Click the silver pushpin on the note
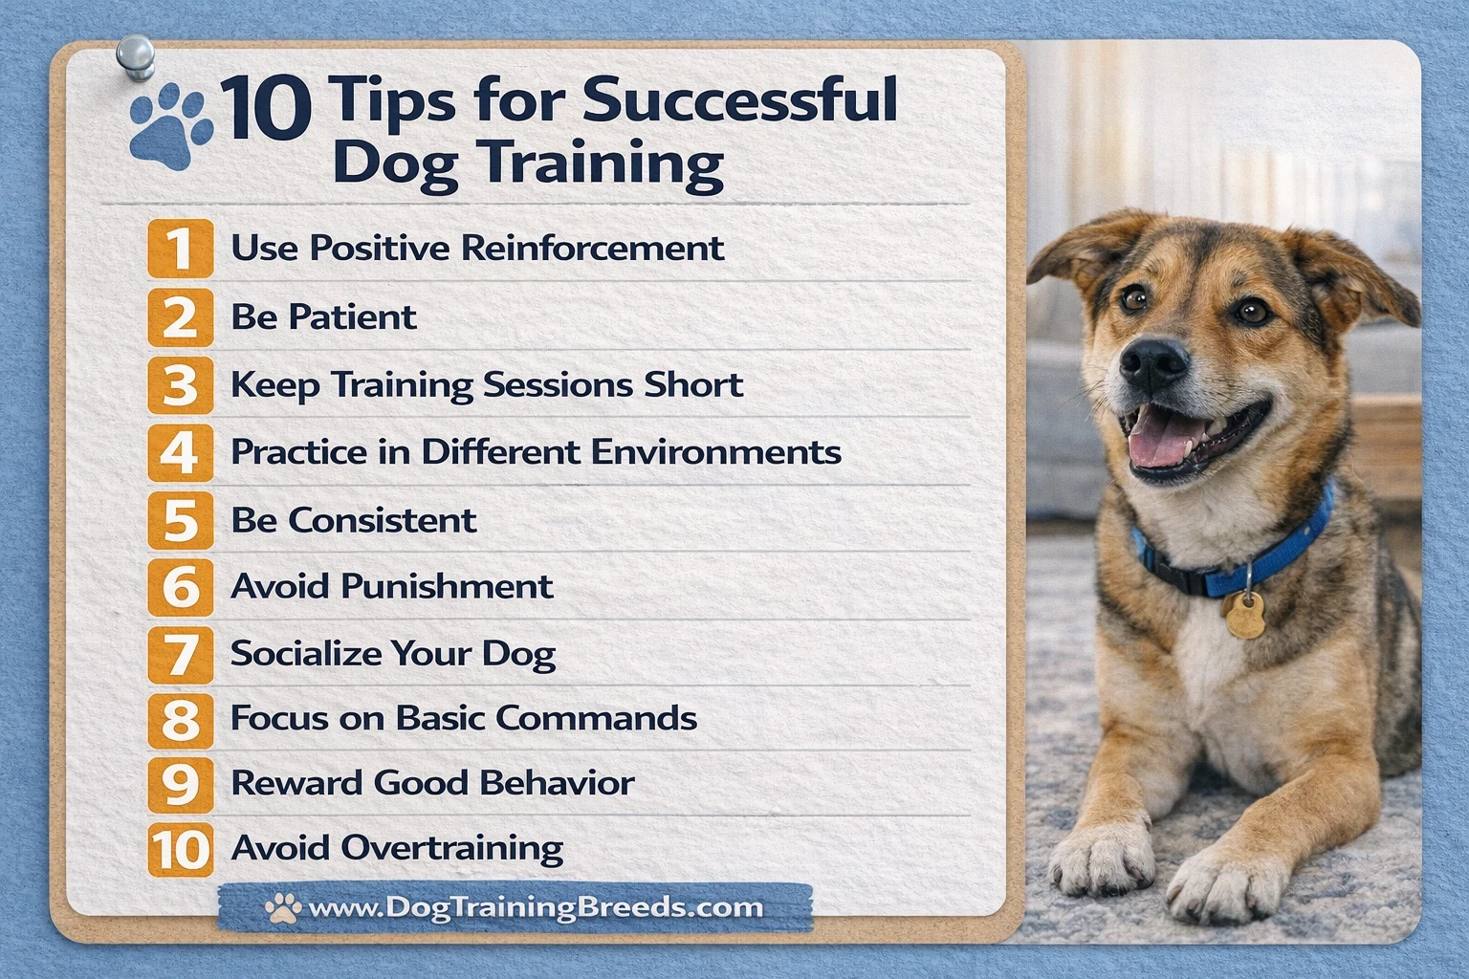136,57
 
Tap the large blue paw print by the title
171,126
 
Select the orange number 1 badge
181,249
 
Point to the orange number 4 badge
181,453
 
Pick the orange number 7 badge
181,654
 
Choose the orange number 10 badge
181,850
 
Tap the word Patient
352,316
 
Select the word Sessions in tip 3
559,384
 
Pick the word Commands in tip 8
596,718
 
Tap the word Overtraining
451,848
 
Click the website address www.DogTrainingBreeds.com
536,907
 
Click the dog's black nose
1154,362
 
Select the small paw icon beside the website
283,907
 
